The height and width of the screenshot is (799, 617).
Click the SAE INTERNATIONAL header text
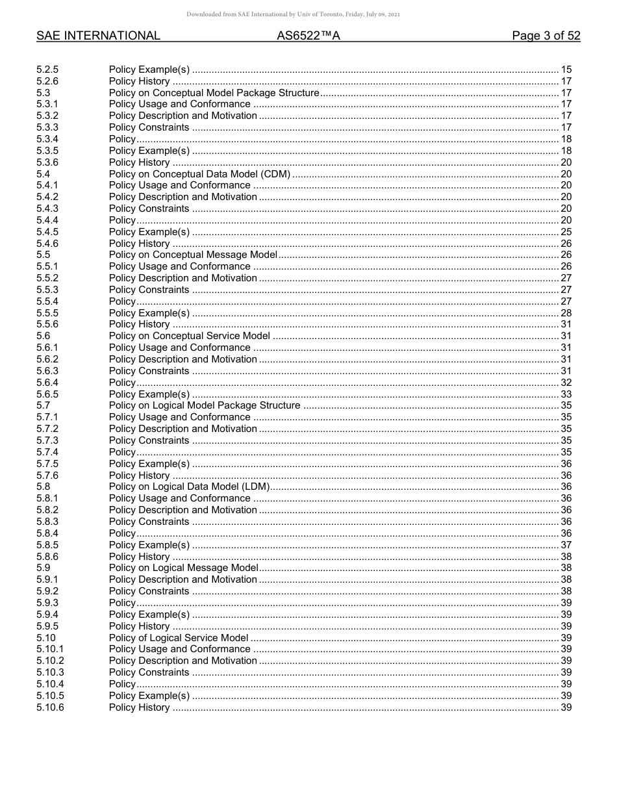[98, 36]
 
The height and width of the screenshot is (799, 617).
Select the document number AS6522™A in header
[308, 36]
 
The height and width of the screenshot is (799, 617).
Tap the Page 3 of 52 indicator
[546, 36]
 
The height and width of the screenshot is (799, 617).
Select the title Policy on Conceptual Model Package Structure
[214, 93]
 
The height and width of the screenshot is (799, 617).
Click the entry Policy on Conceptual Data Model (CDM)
[199, 174]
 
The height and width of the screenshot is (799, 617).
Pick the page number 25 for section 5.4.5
[566, 232]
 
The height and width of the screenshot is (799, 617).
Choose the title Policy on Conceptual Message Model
[193, 255]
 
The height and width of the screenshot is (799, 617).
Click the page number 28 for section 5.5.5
[566, 313]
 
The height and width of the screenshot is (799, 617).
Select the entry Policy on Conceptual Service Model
[189, 336]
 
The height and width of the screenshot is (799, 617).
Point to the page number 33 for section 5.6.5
[566, 394]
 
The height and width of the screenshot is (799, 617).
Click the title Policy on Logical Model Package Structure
[205, 406]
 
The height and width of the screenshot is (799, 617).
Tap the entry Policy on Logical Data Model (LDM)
[189, 487]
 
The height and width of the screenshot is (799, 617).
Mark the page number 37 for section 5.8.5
[566, 545]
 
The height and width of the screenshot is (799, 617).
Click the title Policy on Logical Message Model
[183, 568]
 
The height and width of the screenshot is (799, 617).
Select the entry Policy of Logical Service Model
[179, 638]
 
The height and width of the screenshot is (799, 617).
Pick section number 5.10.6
[50, 707]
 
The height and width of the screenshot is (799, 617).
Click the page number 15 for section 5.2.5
[566, 70]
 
